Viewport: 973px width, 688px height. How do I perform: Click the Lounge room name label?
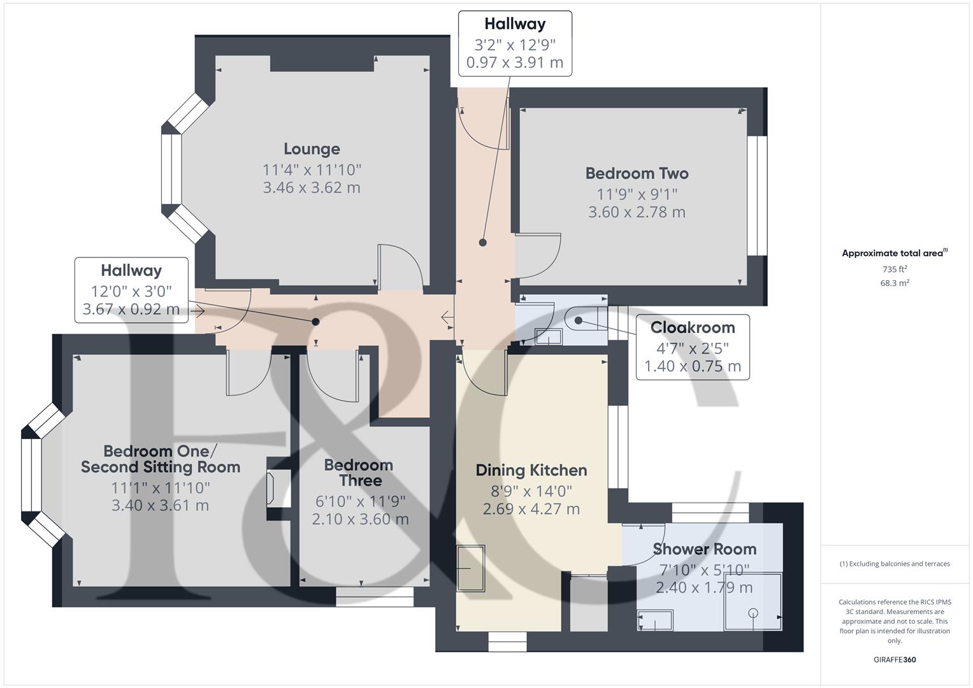(312, 149)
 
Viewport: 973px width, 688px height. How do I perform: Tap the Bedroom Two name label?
(637, 173)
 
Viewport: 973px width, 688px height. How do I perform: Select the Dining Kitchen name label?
(531, 470)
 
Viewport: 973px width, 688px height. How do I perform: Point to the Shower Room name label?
(705, 549)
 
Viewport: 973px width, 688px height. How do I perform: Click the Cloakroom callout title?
(693, 327)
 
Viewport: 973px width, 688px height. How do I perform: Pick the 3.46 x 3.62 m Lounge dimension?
(312, 188)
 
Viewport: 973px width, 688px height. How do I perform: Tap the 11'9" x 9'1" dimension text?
(637, 194)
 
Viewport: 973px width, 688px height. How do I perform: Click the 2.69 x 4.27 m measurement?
(531, 508)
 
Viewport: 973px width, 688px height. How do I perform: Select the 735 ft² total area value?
(895, 269)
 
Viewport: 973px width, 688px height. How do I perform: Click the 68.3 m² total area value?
(895, 283)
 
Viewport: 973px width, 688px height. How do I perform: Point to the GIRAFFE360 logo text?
(895, 659)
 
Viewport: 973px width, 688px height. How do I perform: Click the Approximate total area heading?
(895, 253)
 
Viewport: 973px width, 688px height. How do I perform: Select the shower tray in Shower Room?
(753, 601)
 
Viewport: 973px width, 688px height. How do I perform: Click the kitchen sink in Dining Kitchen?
(470, 568)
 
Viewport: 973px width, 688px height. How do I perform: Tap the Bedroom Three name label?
(359, 473)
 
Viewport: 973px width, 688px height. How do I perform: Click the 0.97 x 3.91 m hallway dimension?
(515, 62)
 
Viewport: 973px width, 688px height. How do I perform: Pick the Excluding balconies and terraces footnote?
(895, 564)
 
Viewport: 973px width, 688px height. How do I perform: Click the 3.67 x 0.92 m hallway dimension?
(131, 309)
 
